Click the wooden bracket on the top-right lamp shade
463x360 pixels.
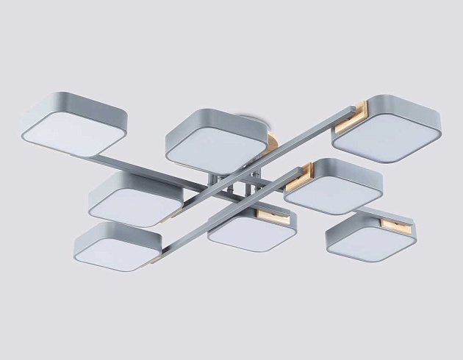point(351,115)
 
